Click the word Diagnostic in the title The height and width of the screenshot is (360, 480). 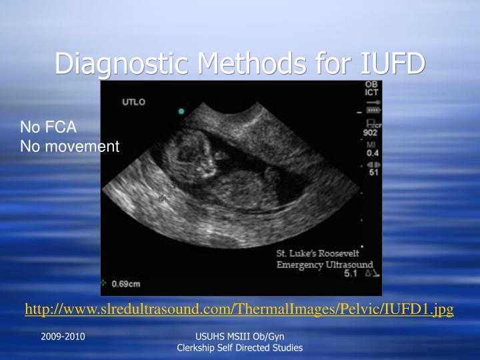tap(122, 64)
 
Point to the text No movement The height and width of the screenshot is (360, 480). tap(70, 145)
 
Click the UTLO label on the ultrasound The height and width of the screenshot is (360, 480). tap(134, 102)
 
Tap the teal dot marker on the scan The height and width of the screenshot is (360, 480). tap(180, 111)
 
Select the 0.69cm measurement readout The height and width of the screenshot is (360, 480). tap(125, 283)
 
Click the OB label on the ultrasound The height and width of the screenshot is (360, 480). tap(371, 85)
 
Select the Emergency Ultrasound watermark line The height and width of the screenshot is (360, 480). tap(325, 265)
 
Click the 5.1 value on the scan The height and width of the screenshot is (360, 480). tap(350, 273)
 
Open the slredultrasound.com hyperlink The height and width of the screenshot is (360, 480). tap(239, 309)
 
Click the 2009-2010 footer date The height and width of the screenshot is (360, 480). tap(63, 337)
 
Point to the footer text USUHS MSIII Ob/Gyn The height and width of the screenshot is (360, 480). tap(239, 337)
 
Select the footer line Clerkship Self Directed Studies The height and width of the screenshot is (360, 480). tap(239, 348)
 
